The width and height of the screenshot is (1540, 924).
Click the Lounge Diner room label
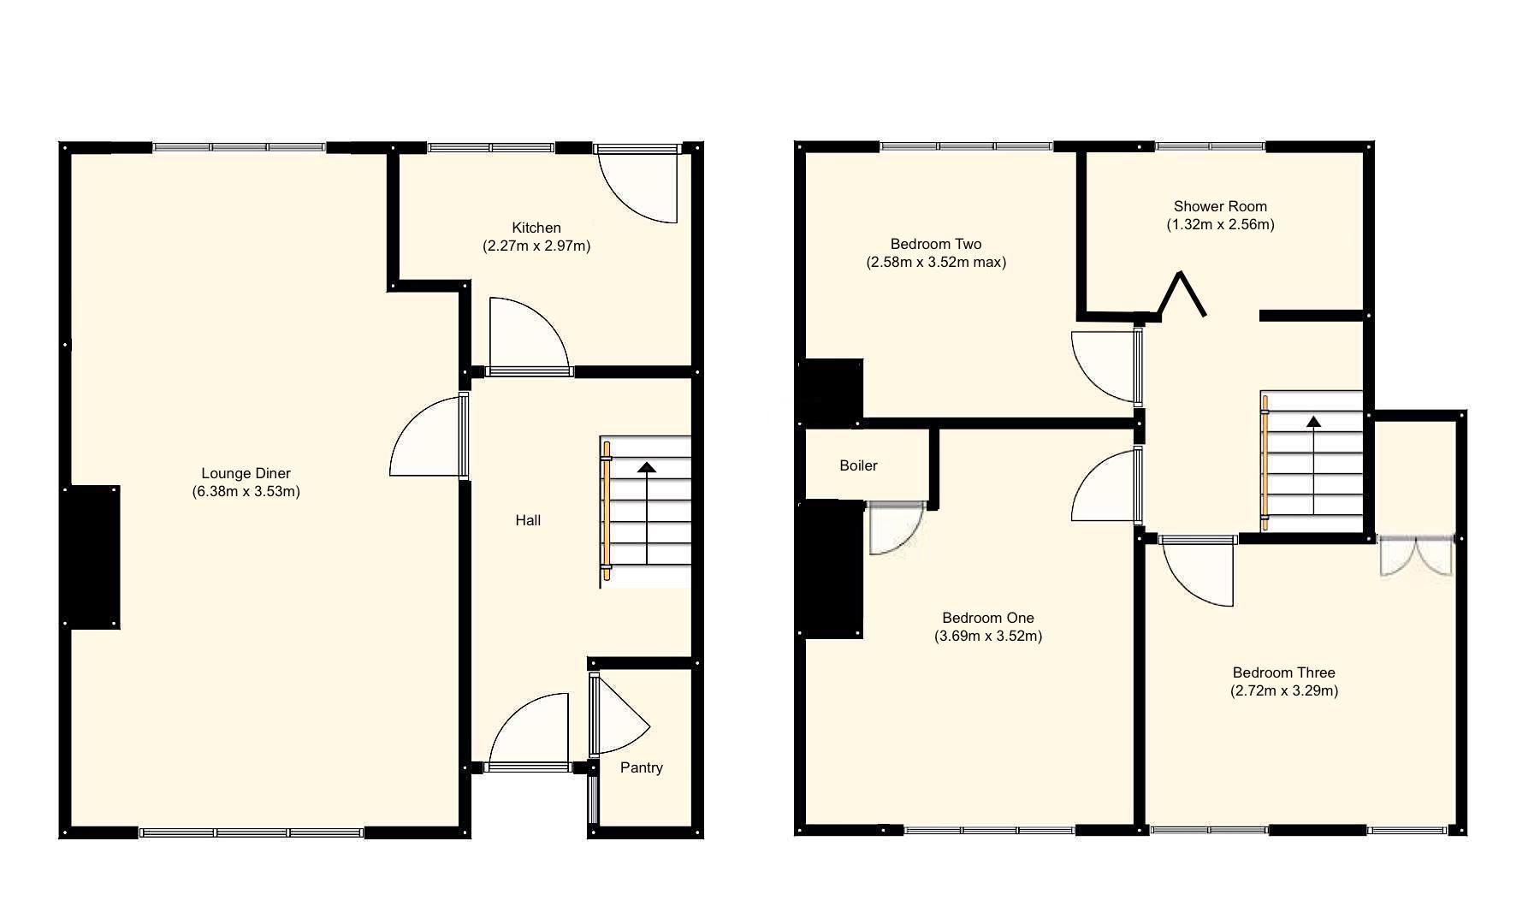[x=246, y=473]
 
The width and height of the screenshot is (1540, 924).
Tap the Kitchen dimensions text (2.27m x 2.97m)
[x=536, y=246]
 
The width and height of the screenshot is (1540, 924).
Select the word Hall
[x=528, y=520]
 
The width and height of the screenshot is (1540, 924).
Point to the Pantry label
[x=641, y=767]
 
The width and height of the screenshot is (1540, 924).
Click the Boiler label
[x=858, y=465]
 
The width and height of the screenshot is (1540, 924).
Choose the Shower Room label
[x=1220, y=206]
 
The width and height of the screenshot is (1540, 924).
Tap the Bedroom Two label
[x=935, y=244]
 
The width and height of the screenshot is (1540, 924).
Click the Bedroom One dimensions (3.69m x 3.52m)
[x=988, y=637]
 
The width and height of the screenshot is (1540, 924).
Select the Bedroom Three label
[x=1283, y=672]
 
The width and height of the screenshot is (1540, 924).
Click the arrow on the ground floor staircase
[x=647, y=468]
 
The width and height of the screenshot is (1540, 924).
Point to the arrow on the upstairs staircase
[x=1312, y=422]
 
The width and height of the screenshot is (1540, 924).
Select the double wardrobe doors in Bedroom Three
[x=1416, y=556]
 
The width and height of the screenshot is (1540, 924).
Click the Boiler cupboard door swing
[x=892, y=530]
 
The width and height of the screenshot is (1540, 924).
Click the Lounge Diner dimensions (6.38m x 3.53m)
[x=246, y=492]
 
